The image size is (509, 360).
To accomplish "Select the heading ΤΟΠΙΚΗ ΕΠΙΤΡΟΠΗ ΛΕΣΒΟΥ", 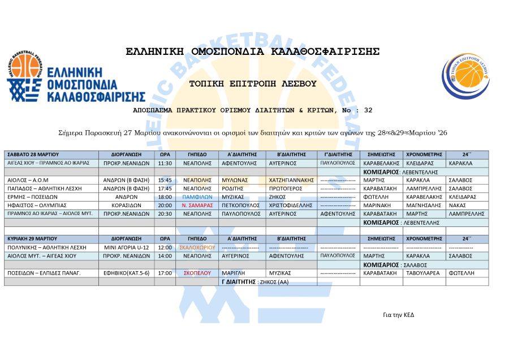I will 253,84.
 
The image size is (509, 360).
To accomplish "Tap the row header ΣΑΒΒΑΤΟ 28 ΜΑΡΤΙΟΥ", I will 33,154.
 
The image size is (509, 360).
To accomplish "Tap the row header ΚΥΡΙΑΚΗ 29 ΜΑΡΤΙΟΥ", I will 33,239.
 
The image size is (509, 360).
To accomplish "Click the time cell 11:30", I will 165,162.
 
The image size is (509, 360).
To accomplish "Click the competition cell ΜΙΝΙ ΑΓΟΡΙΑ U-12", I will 126,247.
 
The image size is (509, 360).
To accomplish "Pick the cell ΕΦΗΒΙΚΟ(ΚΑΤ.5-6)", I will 126,273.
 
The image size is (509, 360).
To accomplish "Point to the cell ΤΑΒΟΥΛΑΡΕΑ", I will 423,273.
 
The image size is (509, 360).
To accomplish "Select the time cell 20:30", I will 165,213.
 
